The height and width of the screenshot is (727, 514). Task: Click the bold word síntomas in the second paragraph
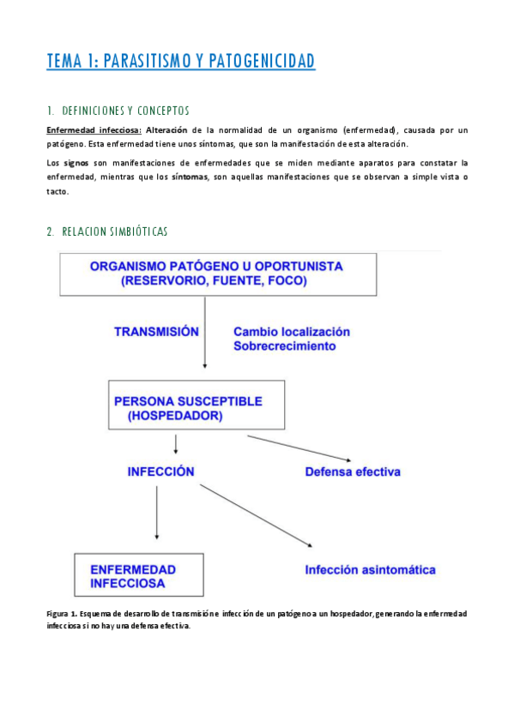coord(189,177)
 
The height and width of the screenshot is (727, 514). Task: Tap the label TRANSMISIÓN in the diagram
coord(156,332)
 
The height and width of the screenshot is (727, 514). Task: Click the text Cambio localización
coord(292,332)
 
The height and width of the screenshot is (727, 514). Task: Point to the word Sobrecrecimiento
coord(284,346)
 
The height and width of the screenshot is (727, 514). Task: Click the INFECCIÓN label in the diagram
coord(160,472)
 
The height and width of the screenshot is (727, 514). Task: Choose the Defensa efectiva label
coord(352,472)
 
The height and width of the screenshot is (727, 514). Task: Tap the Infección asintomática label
coord(370,569)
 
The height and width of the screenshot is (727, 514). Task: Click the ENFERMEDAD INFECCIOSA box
coord(139,575)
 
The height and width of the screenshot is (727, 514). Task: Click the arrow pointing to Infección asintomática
coord(256,514)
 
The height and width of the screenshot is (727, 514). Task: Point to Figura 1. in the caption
coord(63,614)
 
